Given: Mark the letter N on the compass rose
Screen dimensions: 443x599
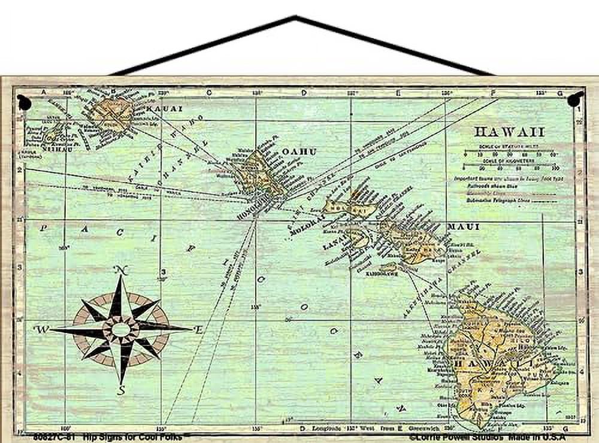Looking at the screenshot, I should point(122,271).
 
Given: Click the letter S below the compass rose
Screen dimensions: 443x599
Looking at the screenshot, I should point(121,390).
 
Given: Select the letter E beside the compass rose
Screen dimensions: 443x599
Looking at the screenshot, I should point(198,329).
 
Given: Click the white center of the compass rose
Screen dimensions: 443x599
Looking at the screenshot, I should point(121,329).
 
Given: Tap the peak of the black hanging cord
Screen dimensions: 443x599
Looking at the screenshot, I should point(295,18).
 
